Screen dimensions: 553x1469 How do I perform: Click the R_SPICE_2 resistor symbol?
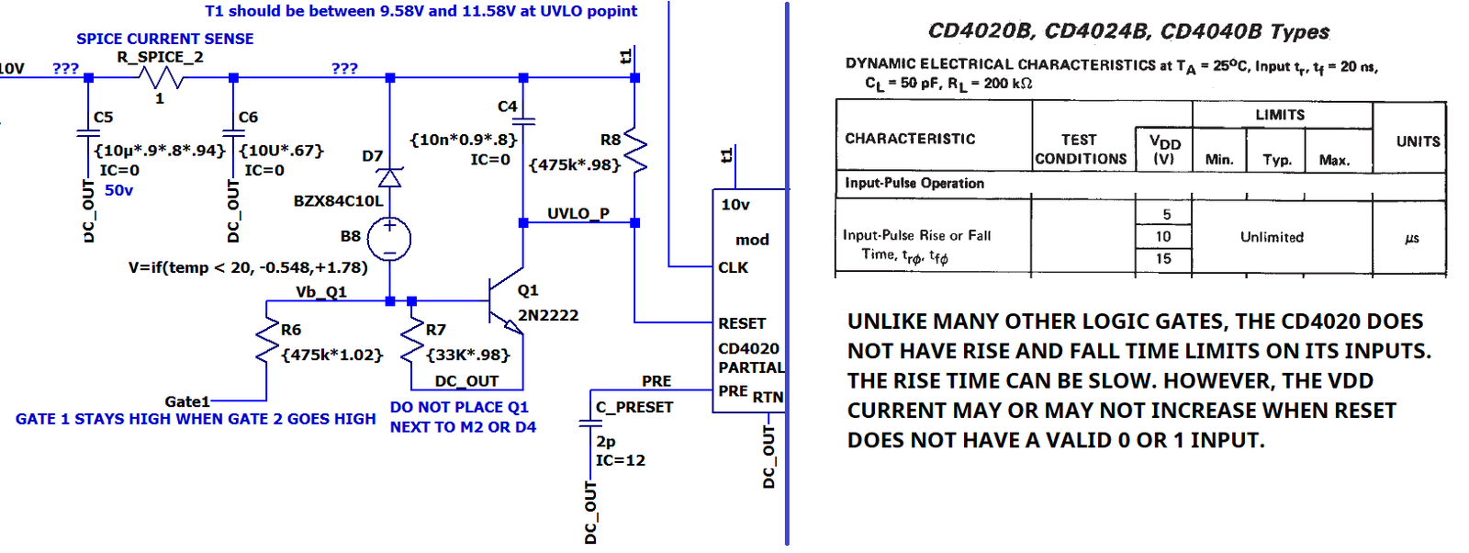[162, 79]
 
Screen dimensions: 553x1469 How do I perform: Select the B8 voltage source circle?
[389, 240]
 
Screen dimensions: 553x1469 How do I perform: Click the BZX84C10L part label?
[338, 201]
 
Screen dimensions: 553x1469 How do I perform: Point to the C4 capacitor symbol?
[523, 120]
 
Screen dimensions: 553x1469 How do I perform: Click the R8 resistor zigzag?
[635, 151]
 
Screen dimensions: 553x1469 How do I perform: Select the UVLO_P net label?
[578, 213]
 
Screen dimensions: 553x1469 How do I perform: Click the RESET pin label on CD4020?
[742, 323]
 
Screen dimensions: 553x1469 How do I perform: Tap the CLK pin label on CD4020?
[733, 267]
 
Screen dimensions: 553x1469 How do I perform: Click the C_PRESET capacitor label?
[634, 407]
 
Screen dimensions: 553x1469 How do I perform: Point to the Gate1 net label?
[187, 401]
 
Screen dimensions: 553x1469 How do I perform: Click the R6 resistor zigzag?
[267, 342]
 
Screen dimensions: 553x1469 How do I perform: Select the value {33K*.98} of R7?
[467, 355]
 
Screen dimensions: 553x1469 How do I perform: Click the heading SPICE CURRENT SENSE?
[164, 39]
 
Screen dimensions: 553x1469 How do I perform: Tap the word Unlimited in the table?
[1272, 237]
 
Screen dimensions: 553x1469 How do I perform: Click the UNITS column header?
[1418, 141]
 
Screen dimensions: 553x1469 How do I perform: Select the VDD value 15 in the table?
[1163, 259]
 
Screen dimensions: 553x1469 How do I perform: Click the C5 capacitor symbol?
[88, 136]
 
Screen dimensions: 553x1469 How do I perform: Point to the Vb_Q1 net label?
[321, 292]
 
